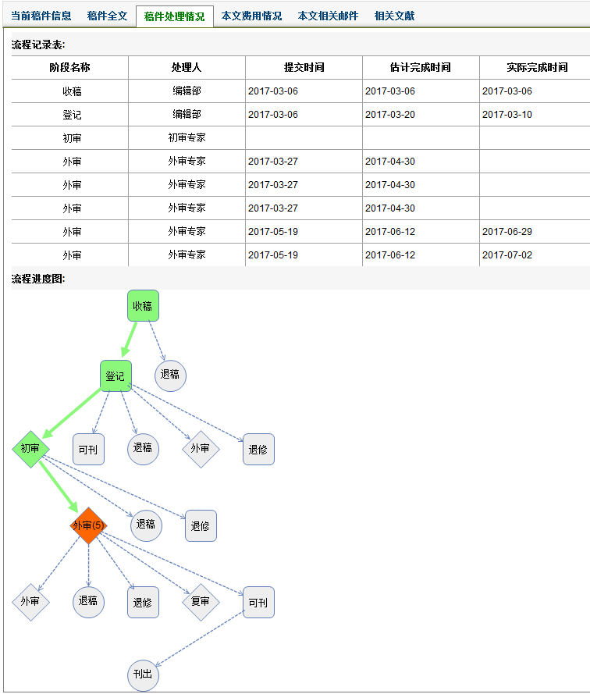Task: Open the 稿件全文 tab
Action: coord(107,16)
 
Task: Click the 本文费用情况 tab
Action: coord(251,16)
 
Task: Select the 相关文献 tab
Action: coord(395,16)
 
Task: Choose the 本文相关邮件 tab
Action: coord(328,16)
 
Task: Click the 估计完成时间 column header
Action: coord(421,68)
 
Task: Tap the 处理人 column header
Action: coord(187,68)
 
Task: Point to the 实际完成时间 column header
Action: coord(537,68)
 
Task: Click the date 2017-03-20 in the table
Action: coord(390,115)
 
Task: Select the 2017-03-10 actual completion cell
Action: coord(507,115)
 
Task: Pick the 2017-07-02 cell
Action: coord(507,255)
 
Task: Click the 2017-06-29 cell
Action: coord(507,232)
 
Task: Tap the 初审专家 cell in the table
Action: coord(187,138)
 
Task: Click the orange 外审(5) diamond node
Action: coord(87,525)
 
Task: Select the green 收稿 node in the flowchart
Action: coord(143,306)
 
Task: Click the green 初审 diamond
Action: coord(30,449)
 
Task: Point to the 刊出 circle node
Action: coord(143,674)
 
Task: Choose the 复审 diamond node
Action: coord(201,602)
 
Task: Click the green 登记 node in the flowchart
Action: coord(116,376)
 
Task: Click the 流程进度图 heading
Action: coord(37,279)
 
